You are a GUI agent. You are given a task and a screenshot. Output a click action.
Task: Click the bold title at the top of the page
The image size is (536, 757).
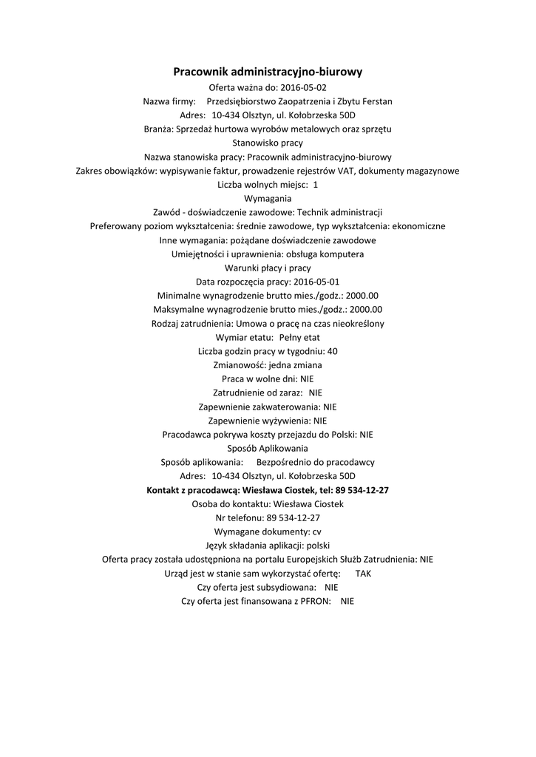(x=268, y=72)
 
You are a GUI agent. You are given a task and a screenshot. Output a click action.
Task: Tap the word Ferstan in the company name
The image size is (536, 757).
(x=378, y=101)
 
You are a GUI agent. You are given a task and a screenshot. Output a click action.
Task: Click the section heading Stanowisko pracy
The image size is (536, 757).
(x=268, y=143)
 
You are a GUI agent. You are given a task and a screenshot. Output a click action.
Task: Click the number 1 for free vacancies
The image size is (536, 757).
(x=316, y=185)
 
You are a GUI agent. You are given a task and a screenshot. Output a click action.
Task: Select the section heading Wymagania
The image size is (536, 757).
(x=268, y=198)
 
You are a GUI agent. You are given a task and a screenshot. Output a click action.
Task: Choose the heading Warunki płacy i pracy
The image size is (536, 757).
(x=268, y=268)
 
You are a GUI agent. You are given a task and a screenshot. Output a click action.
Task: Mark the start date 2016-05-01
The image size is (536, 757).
(x=316, y=282)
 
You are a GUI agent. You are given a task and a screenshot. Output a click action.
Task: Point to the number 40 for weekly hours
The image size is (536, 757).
(x=332, y=351)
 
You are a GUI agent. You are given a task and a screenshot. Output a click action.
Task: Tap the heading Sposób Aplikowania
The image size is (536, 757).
(x=268, y=448)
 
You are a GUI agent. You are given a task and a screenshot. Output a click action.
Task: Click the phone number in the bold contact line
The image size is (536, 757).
(x=363, y=490)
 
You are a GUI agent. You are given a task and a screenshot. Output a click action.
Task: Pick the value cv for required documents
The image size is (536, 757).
(x=316, y=532)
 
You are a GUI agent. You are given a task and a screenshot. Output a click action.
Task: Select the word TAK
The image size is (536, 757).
(x=364, y=573)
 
